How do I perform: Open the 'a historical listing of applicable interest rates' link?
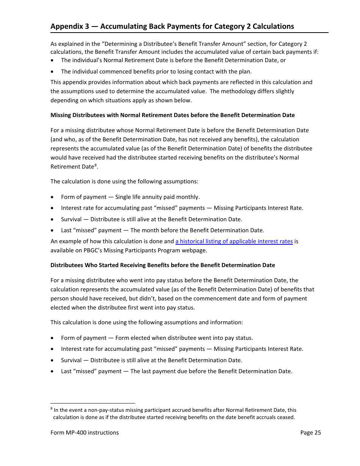click(x=234, y=241)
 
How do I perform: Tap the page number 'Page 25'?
click(x=310, y=432)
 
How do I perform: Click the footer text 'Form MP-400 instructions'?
click(x=85, y=432)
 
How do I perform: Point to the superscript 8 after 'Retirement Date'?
click(x=95, y=165)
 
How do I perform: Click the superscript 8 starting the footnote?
click(x=52, y=409)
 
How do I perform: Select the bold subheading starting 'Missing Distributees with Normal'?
click(x=172, y=115)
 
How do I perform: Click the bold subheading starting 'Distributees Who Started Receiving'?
click(x=163, y=265)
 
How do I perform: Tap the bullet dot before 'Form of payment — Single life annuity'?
click(x=52, y=197)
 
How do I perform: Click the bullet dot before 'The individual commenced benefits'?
click(x=52, y=72)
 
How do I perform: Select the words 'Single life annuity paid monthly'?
click(x=157, y=197)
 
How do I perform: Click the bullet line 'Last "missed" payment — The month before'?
click(x=163, y=230)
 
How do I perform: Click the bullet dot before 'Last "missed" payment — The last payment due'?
click(x=52, y=372)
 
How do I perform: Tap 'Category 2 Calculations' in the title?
click(x=254, y=26)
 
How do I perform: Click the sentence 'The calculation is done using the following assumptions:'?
click(x=124, y=181)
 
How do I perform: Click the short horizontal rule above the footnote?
click(x=93, y=403)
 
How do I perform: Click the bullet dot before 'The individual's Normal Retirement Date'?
click(x=52, y=61)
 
